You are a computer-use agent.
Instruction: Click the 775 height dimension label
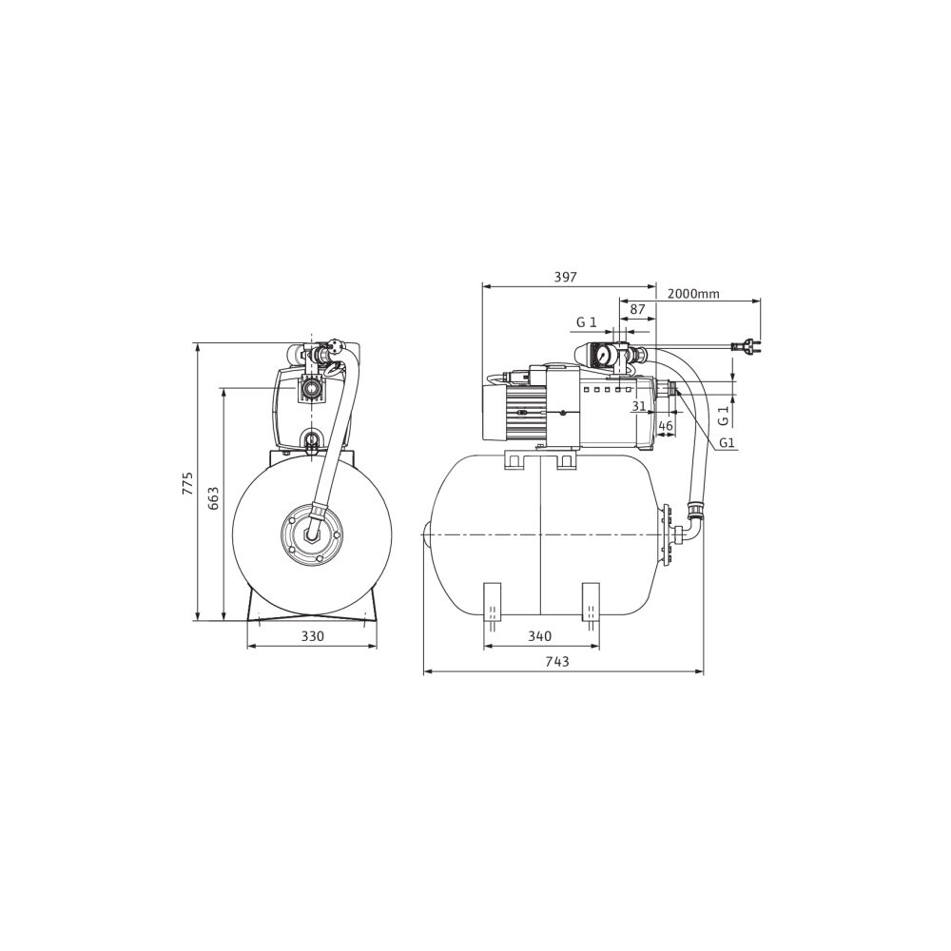coord(188,483)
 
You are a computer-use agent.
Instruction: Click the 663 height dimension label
coord(213,497)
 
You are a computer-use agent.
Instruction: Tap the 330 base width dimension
coord(312,635)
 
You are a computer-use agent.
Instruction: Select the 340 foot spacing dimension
coord(539,635)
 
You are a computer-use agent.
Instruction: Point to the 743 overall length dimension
coord(557,661)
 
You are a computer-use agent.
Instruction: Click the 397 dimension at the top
coord(565,277)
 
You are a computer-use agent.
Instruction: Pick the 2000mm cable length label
coord(693,294)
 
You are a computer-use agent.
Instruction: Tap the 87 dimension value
coord(637,309)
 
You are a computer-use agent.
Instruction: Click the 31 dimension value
coord(638,406)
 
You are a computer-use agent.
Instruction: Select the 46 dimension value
coord(666,426)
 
